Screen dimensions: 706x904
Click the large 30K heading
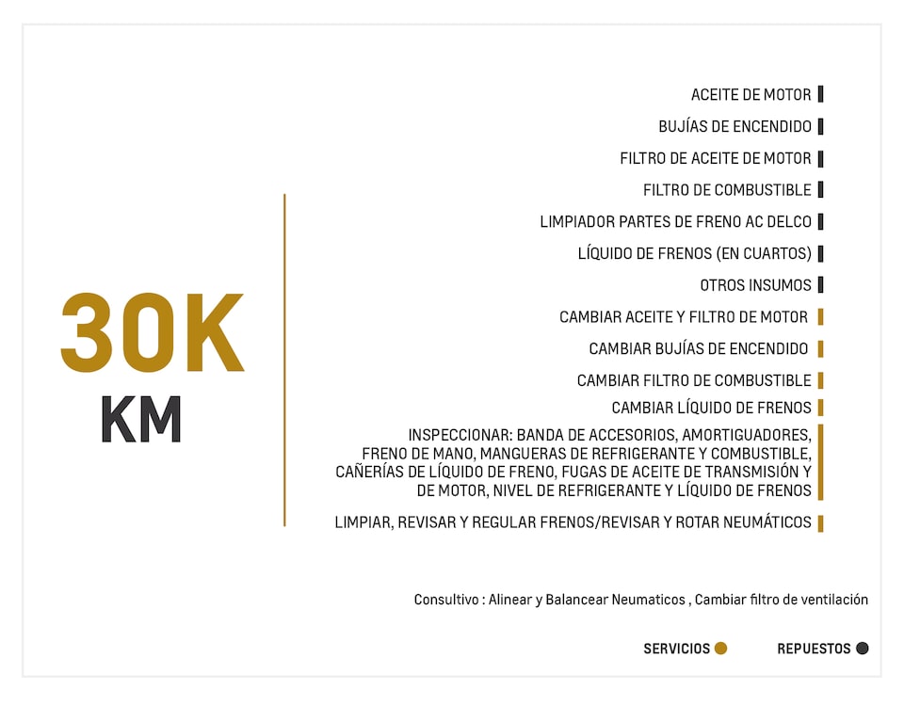coord(153,334)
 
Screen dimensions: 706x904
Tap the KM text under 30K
coord(141,420)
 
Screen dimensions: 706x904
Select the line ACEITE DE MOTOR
coord(751,95)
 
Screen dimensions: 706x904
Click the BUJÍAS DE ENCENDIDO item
coord(734,127)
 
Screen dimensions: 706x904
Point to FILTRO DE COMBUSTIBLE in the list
coord(727,190)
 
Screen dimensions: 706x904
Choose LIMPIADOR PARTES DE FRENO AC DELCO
coord(675,222)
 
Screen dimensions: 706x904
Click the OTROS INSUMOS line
coord(755,285)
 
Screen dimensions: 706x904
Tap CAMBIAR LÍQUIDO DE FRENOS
coord(711,408)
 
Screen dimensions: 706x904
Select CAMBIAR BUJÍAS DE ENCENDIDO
coord(698,349)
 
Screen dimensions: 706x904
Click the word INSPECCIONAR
coord(460,435)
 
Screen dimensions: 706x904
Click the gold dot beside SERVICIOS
coord(721,649)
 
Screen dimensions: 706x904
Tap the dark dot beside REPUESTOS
coord(863,649)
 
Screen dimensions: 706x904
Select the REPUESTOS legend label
coord(814,649)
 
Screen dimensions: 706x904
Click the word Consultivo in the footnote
coord(447,600)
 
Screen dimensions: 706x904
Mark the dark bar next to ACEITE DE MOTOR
coord(821,94)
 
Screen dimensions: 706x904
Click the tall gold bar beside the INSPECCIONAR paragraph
coord(821,462)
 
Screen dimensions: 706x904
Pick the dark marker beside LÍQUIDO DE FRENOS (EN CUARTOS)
coord(821,253)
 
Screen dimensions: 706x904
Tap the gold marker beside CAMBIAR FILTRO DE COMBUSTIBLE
coord(821,380)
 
